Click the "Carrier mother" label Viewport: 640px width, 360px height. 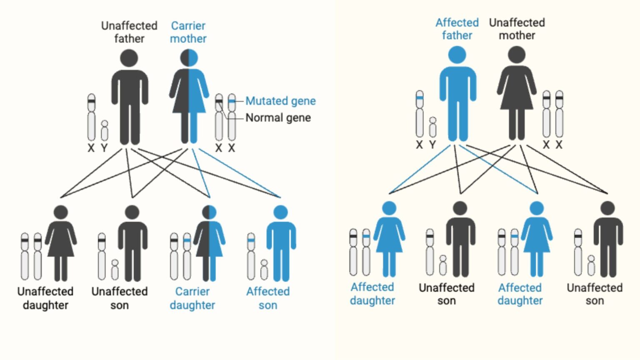pyautogui.click(x=188, y=32)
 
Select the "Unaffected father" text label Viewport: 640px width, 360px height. pyautogui.click(x=129, y=32)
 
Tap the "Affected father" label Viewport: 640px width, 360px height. pyautogui.click(x=457, y=29)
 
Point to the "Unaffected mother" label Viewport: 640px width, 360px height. pyautogui.click(x=517, y=29)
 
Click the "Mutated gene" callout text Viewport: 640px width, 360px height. pyautogui.click(x=280, y=101)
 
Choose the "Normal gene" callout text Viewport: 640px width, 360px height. pyautogui.click(x=278, y=118)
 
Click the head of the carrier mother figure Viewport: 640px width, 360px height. pyautogui.click(x=189, y=58)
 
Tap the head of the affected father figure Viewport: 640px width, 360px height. pyautogui.click(x=457, y=55)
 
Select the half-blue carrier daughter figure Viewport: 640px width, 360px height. pyautogui.click(x=209, y=246)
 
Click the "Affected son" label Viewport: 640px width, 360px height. pyautogui.click(x=267, y=298)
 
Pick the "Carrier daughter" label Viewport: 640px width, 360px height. pyautogui.click(x=192, y=298)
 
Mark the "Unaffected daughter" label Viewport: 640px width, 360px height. pyautogui.click(x=45, y=298)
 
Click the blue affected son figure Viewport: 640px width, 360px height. pyautogui.click(x=281, y=246)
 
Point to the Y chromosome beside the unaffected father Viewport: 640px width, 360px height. pyautogui.click(x=105, y=131)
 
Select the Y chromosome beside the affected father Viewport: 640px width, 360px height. pyautogui.click(x=433, y=127)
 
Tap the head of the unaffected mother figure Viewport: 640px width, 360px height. pyautogui.click(x=517, y=55)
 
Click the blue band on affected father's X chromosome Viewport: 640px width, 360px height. pyautogui.click(x=420, y=98)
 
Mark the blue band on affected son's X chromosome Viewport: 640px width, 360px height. pyautogui.click(x=251, y=240)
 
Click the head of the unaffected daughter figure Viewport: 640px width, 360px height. pyautogui.click(x=61, y=212)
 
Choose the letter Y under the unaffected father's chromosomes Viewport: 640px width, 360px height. pyautogui.click(x=104, y=148)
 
